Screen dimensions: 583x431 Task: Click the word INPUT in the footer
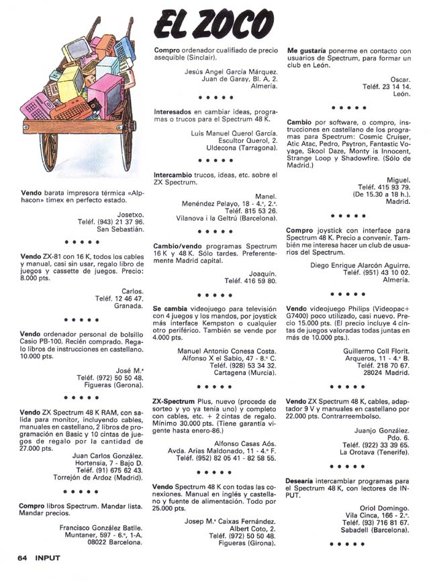pyautogui.click(x=50, y=556)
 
